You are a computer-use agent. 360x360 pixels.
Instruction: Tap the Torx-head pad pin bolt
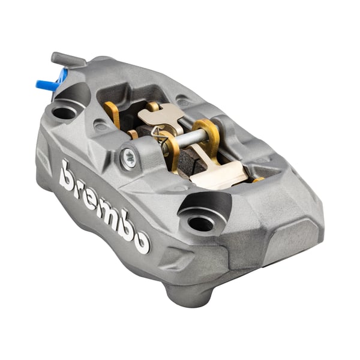[128, 158]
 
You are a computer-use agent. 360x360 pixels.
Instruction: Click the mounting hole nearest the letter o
[200, 223]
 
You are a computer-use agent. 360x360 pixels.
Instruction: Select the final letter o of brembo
[142, 242]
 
